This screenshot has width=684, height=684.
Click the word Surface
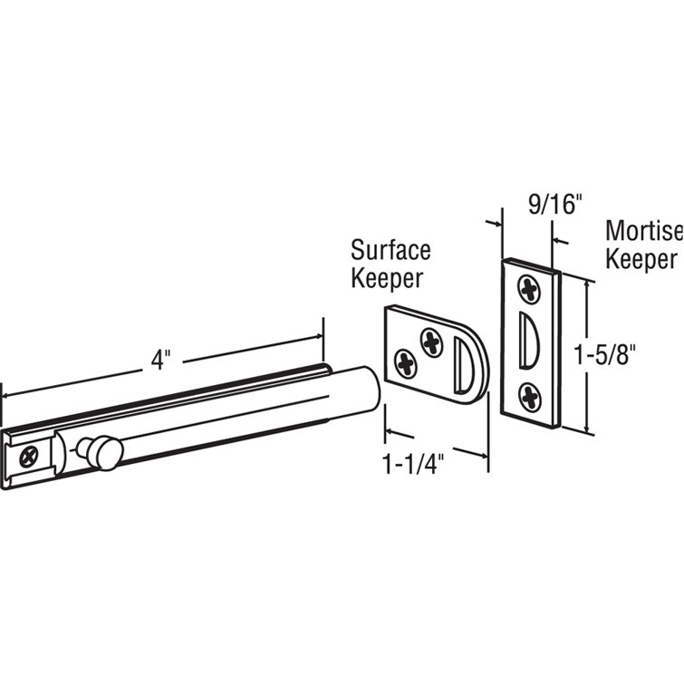[390, 249]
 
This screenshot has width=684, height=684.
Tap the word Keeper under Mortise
[641, 259]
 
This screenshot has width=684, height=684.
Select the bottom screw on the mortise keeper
[529, 393]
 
